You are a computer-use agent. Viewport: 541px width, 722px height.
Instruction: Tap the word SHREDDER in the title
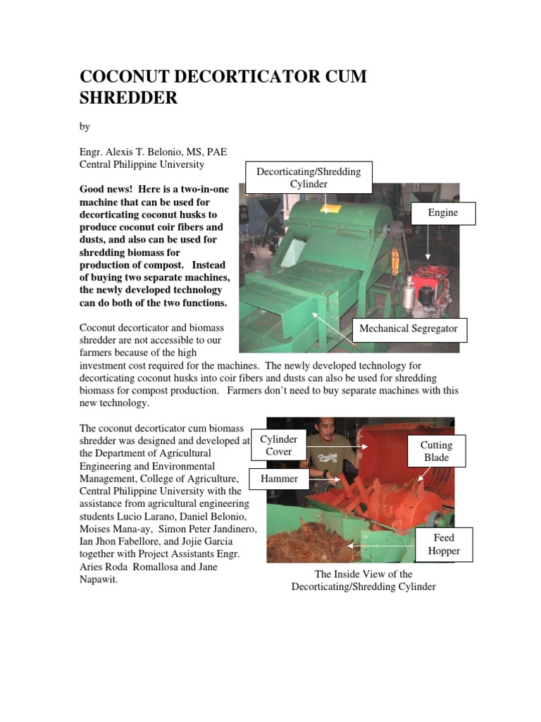coord(128,97)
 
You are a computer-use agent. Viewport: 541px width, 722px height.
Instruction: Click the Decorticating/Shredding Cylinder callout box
coord(308,178)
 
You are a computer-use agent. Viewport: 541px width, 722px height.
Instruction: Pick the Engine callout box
coord(443,213)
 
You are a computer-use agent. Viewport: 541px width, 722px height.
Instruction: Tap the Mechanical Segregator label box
coord(408,329)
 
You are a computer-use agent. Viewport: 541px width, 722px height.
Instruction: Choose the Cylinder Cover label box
coord(278,445)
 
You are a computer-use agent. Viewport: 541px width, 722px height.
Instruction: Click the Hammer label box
coord(279,479)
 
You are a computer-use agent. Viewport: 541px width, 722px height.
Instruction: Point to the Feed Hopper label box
coord(443,544)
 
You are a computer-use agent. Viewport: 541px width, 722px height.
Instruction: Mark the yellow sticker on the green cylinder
coord(325,209)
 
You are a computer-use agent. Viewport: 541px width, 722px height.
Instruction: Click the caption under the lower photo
coord(363,580)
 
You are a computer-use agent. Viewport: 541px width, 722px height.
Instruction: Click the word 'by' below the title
coord(85,126)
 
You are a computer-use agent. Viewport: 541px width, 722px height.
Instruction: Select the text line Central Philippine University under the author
coord(141,164)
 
